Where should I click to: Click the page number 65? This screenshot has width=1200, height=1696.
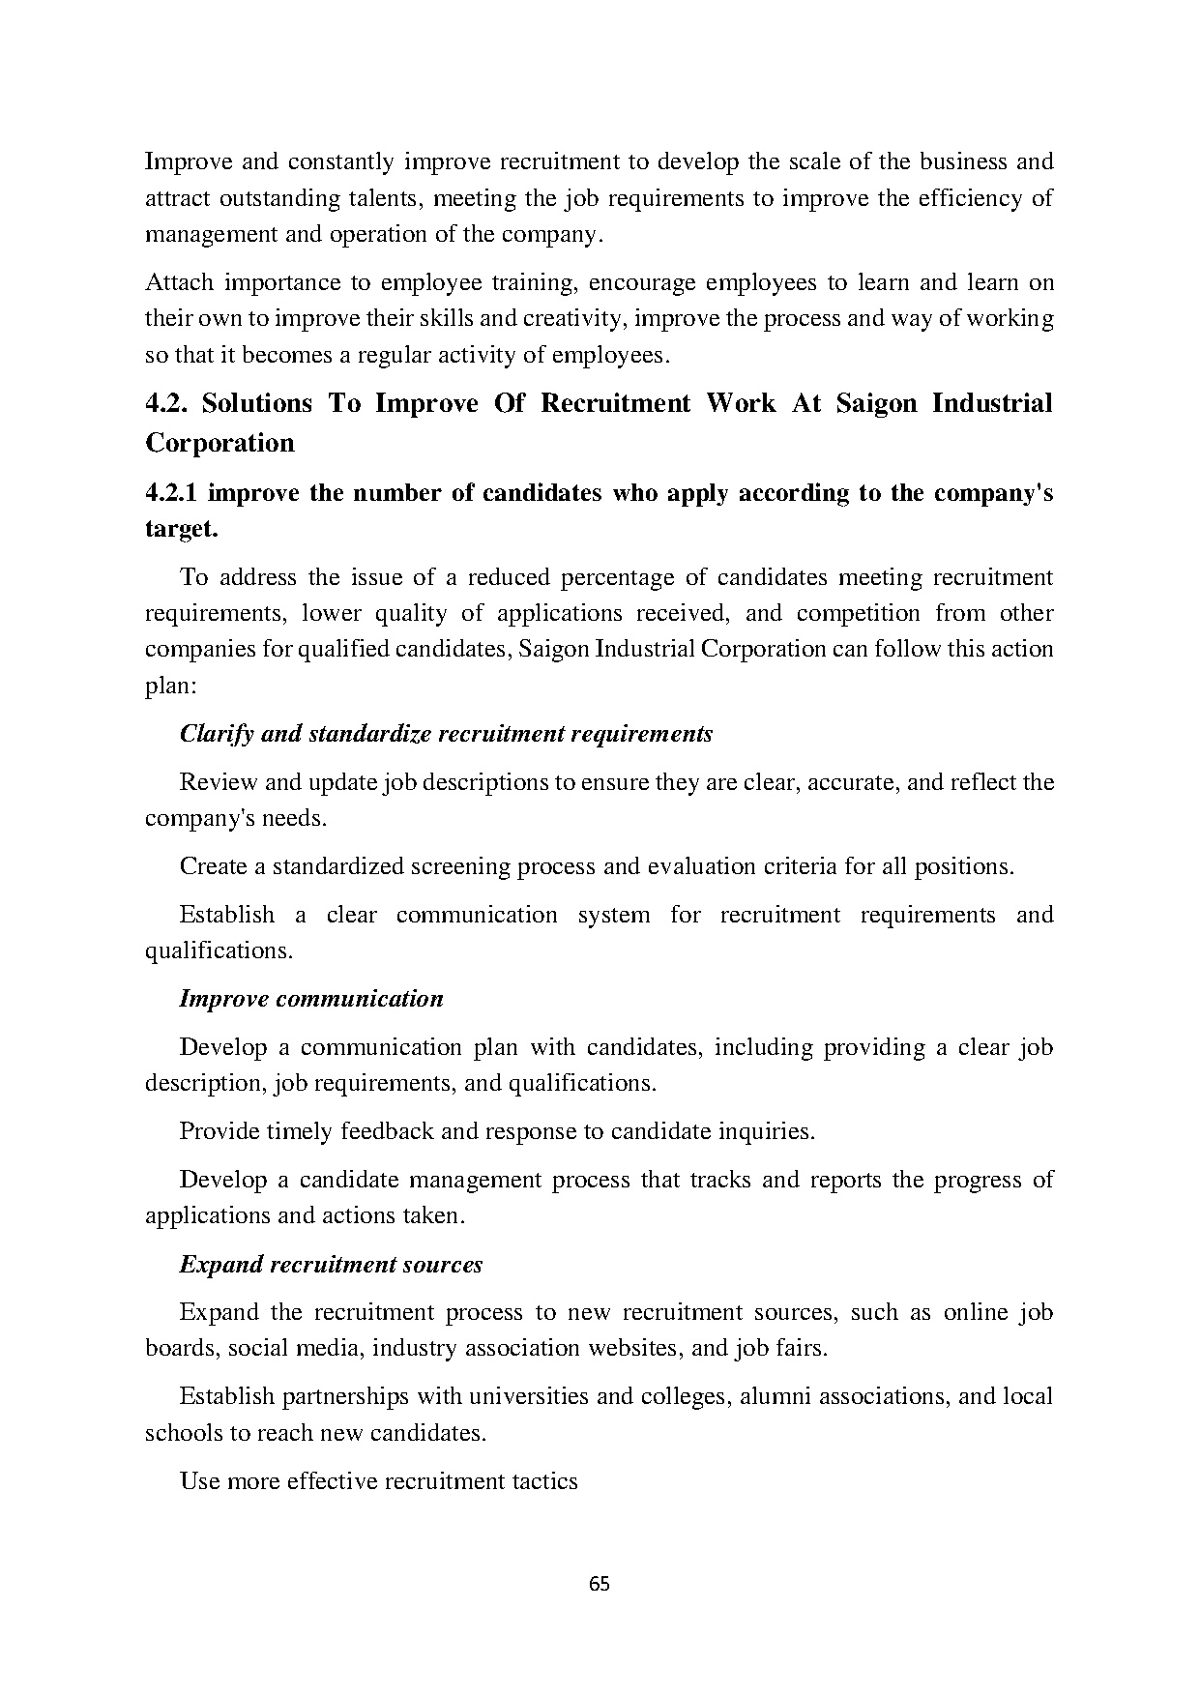point(599,1584)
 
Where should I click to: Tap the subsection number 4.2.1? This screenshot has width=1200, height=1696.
point(171,493)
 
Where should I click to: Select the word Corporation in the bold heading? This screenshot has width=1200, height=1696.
point(220,443)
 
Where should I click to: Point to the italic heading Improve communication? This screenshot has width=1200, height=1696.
point(311,999)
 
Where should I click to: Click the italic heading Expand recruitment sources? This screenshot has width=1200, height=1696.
point(331,1264)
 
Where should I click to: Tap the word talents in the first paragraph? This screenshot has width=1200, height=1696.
point(383,198)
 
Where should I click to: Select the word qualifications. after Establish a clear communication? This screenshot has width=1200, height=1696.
point(219,950)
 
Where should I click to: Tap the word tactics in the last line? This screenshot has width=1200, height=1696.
point(545,1480)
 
